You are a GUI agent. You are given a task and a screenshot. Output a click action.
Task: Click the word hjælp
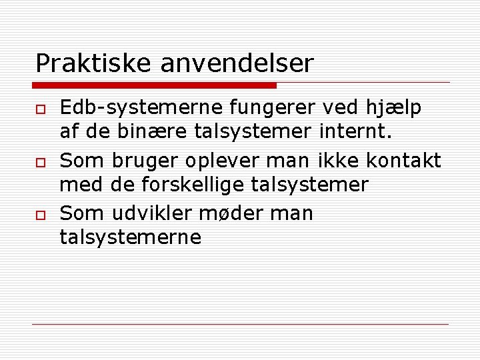(x=393, y=109)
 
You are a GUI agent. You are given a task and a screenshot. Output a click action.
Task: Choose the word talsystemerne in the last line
(x=131, y=237)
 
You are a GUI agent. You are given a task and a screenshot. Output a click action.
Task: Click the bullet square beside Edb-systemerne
(x=40, y=109)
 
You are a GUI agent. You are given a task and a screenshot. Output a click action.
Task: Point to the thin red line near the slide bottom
(x=240, y=324)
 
